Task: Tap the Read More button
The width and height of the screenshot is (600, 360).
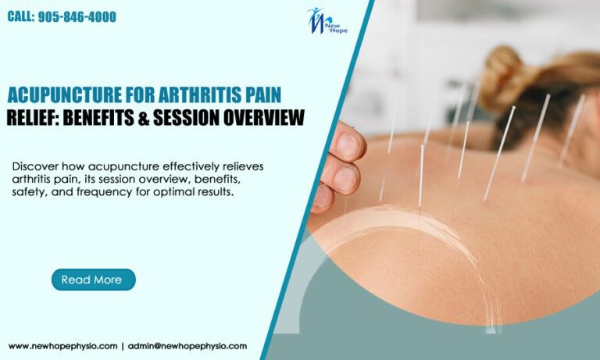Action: click(93, 280)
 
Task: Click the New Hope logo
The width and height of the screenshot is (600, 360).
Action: click(327, 22)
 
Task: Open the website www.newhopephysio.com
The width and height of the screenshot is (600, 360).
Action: click(62, 345)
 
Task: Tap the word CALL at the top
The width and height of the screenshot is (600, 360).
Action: click(21, 16)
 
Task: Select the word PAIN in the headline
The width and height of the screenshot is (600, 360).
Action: click(263, 96)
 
